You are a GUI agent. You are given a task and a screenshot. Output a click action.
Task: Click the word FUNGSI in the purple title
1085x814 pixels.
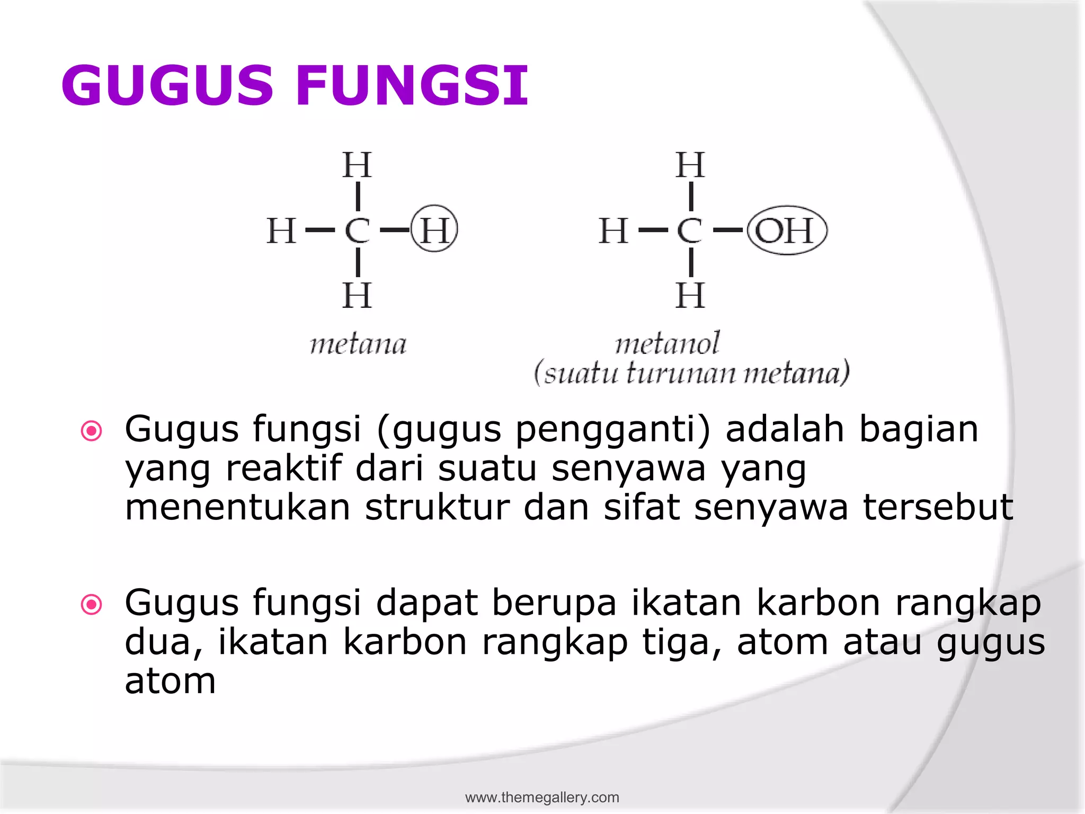tap(412, 85)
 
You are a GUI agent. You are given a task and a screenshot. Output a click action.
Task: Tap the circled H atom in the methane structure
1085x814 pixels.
tap(434, 229)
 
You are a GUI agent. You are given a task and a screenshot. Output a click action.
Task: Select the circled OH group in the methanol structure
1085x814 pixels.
tap(786, 230)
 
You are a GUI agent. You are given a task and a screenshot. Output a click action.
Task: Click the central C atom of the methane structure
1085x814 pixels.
tap(357, 230)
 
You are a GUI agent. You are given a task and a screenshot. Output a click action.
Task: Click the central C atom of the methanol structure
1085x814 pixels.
tap(690, 230)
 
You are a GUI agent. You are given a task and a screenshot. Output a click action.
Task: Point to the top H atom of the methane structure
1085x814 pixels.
tap(357, 165)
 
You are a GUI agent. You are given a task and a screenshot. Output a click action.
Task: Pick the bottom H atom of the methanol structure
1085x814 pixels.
tap(690, 295)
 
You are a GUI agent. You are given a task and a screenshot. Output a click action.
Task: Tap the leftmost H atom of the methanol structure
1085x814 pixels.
tap(613, 231)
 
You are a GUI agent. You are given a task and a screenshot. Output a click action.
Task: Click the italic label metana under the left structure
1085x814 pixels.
tap(358, 344)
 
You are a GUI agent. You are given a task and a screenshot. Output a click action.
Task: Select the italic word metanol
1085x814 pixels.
tap(668, 343)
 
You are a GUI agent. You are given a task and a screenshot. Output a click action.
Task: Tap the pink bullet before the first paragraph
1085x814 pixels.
tap(91, 431)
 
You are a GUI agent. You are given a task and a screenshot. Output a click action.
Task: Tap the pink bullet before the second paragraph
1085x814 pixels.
tap(91, 604)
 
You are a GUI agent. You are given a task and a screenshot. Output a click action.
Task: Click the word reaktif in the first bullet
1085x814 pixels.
tap(283, 468)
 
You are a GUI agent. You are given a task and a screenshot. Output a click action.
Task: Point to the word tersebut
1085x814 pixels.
tap(938, 507)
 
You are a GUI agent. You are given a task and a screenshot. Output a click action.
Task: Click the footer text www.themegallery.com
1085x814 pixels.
tap(542, 797)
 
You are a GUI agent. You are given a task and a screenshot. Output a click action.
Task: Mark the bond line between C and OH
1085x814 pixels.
tap(728, 230)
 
